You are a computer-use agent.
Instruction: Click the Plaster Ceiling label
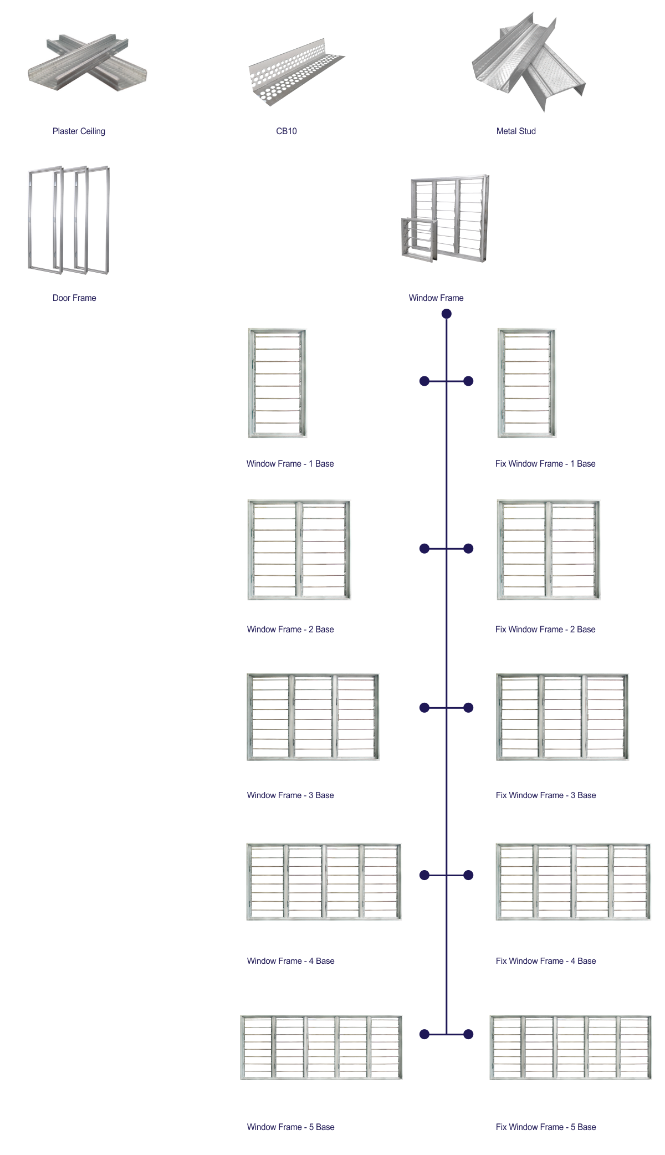79,131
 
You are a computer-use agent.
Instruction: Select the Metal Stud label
516,131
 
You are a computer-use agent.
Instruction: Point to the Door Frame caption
74,298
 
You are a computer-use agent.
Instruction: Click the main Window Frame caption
436,298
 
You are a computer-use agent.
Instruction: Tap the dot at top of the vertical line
446,314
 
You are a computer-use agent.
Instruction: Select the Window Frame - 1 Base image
277,383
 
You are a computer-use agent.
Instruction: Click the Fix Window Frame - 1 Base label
545,464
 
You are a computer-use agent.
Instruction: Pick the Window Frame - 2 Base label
290,630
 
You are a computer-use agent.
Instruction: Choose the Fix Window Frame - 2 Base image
548,550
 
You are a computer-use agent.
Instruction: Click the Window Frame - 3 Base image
313,717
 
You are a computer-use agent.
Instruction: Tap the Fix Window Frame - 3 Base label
546,795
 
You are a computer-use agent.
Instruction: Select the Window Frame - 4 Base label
290,961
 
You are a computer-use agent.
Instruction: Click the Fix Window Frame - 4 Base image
573,882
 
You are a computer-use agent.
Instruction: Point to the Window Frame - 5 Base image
321,1047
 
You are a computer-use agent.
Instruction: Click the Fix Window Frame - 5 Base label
546,1127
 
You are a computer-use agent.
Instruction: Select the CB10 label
287,131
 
